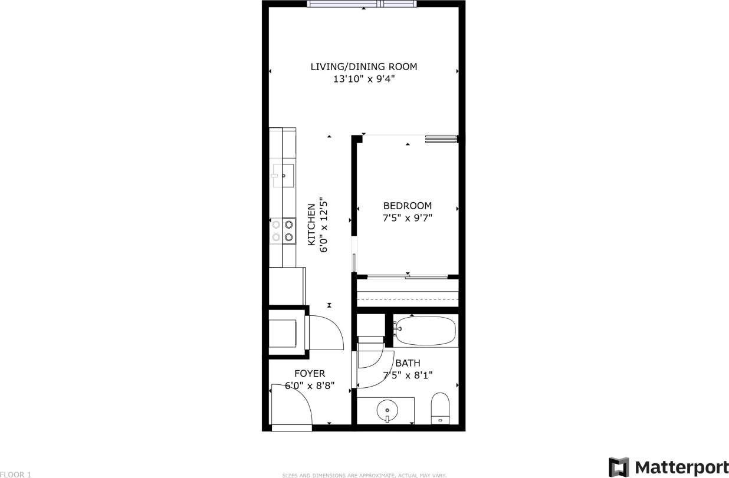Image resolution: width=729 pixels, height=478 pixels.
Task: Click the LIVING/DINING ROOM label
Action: [x=363, y=67]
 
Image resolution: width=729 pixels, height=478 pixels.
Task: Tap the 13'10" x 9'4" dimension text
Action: [x=363, y=79]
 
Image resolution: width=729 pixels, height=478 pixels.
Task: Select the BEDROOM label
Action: [x=407, y=206]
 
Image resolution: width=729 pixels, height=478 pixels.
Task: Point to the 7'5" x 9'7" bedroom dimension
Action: [x=407, y=218]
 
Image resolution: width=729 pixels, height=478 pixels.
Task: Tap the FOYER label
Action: [x=310, y=374]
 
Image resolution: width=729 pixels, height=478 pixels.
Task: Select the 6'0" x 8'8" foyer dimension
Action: [x=310, y=386]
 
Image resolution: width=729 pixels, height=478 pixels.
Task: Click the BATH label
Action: [x=408, y=363]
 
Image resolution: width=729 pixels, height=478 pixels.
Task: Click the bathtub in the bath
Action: [x=426, y=330]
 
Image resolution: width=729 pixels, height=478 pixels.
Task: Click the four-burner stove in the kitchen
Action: [x=283, y=230]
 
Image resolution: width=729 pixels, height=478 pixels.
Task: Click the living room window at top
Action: [x=362, y=4]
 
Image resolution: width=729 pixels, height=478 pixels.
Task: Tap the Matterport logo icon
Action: [x=619, y=467]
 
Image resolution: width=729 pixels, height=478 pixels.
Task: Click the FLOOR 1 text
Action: [x=16, y=474]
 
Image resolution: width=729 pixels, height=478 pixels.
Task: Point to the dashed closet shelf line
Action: [x=408, y=299]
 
